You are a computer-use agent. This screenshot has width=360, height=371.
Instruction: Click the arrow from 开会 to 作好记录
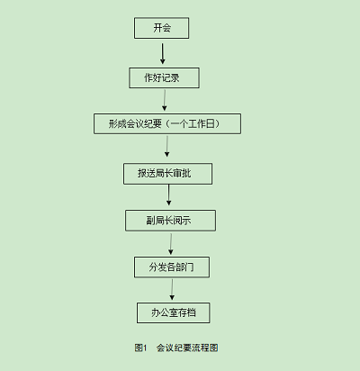tap(162, 54)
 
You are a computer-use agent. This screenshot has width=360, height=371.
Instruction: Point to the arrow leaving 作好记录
tap(165, 100)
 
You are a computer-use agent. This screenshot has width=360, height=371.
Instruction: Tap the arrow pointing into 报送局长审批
tap(166, 146)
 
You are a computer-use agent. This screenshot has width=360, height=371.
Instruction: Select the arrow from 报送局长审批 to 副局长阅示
tap(168, 195)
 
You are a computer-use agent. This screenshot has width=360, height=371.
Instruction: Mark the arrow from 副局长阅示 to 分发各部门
tap(171, 244)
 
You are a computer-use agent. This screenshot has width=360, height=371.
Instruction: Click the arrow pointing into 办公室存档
tap(172, 290)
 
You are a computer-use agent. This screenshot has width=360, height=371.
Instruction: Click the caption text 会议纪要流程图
tap(187, 348)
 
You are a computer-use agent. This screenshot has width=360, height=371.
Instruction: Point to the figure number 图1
tap(140, 348)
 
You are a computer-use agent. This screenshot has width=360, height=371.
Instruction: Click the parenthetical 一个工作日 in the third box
tap(193, 123)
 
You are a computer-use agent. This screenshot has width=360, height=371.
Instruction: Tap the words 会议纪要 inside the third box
tap(144, 123)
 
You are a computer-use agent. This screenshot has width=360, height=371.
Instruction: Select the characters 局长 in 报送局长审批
tap(164, 173)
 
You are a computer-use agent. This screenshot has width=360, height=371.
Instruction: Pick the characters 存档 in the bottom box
tap(187, 312)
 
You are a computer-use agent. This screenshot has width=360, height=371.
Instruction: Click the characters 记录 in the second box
tap(171, 77)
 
